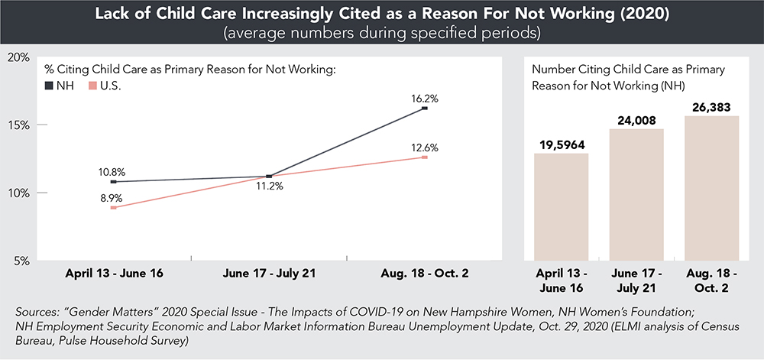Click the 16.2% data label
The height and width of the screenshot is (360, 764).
[x=425, y=98]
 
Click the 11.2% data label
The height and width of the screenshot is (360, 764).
[x=269, y=189]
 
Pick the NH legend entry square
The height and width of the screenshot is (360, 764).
[x=50, y=85]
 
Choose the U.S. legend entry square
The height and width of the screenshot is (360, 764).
[x=93, y=85]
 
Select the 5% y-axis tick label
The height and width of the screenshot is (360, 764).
[x=21, y=261]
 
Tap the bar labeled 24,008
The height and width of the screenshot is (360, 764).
[x=636, y=194]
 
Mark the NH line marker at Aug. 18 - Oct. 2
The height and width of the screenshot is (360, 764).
[x=425, y=109]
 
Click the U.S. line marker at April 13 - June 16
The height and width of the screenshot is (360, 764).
[x=113, y=207]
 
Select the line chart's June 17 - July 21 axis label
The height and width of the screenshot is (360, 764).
[x=269, y=273]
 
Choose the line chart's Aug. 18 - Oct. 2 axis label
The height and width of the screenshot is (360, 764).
[x=425, y=273]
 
